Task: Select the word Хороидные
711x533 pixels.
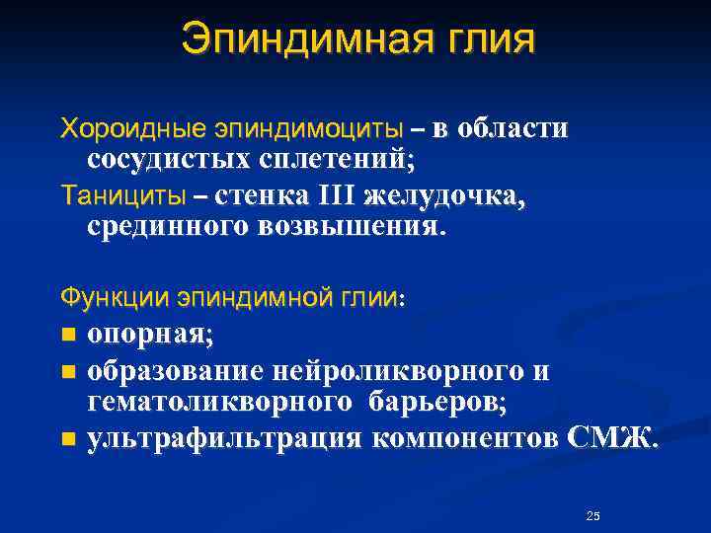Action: point(120,128)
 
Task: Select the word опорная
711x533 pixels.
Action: point(149,335)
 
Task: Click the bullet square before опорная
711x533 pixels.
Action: point(67,335)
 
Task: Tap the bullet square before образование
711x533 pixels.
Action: point(67,373)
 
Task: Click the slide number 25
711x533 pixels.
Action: point(592,516)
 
